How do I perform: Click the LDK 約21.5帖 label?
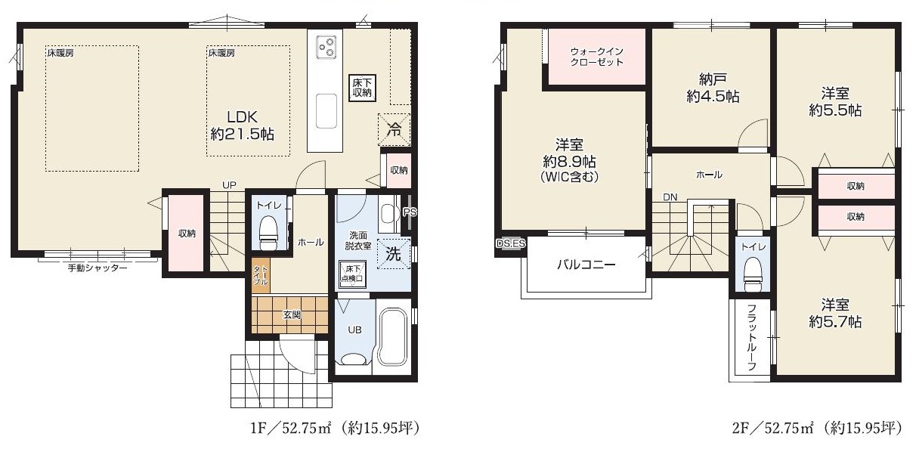click(242, 125)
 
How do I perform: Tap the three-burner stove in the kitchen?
click(326, 47)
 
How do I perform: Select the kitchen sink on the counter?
click(326, 111)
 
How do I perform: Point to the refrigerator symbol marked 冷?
click(394, 129)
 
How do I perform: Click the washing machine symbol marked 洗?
click(394, 254)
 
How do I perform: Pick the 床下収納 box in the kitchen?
click(362, 88)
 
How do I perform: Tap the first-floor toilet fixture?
click(269, 233)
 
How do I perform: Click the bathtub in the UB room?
click(394, 337)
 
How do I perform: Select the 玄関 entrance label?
click(292, 315)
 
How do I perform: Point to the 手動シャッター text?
click(97, 268)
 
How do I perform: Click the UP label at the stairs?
click(229, 185)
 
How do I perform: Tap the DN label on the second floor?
click(670, 197)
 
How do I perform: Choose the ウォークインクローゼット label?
click(597, 57)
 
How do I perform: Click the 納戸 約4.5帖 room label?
click(713, 88)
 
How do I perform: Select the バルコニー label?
click(586, 264)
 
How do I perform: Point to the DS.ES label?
click(510, 243)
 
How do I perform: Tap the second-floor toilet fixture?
click(753, 273)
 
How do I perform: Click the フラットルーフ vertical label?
click(752, 337)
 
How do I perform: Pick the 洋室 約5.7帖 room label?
click(835, 314)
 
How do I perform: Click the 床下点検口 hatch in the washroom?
click(352, 274)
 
